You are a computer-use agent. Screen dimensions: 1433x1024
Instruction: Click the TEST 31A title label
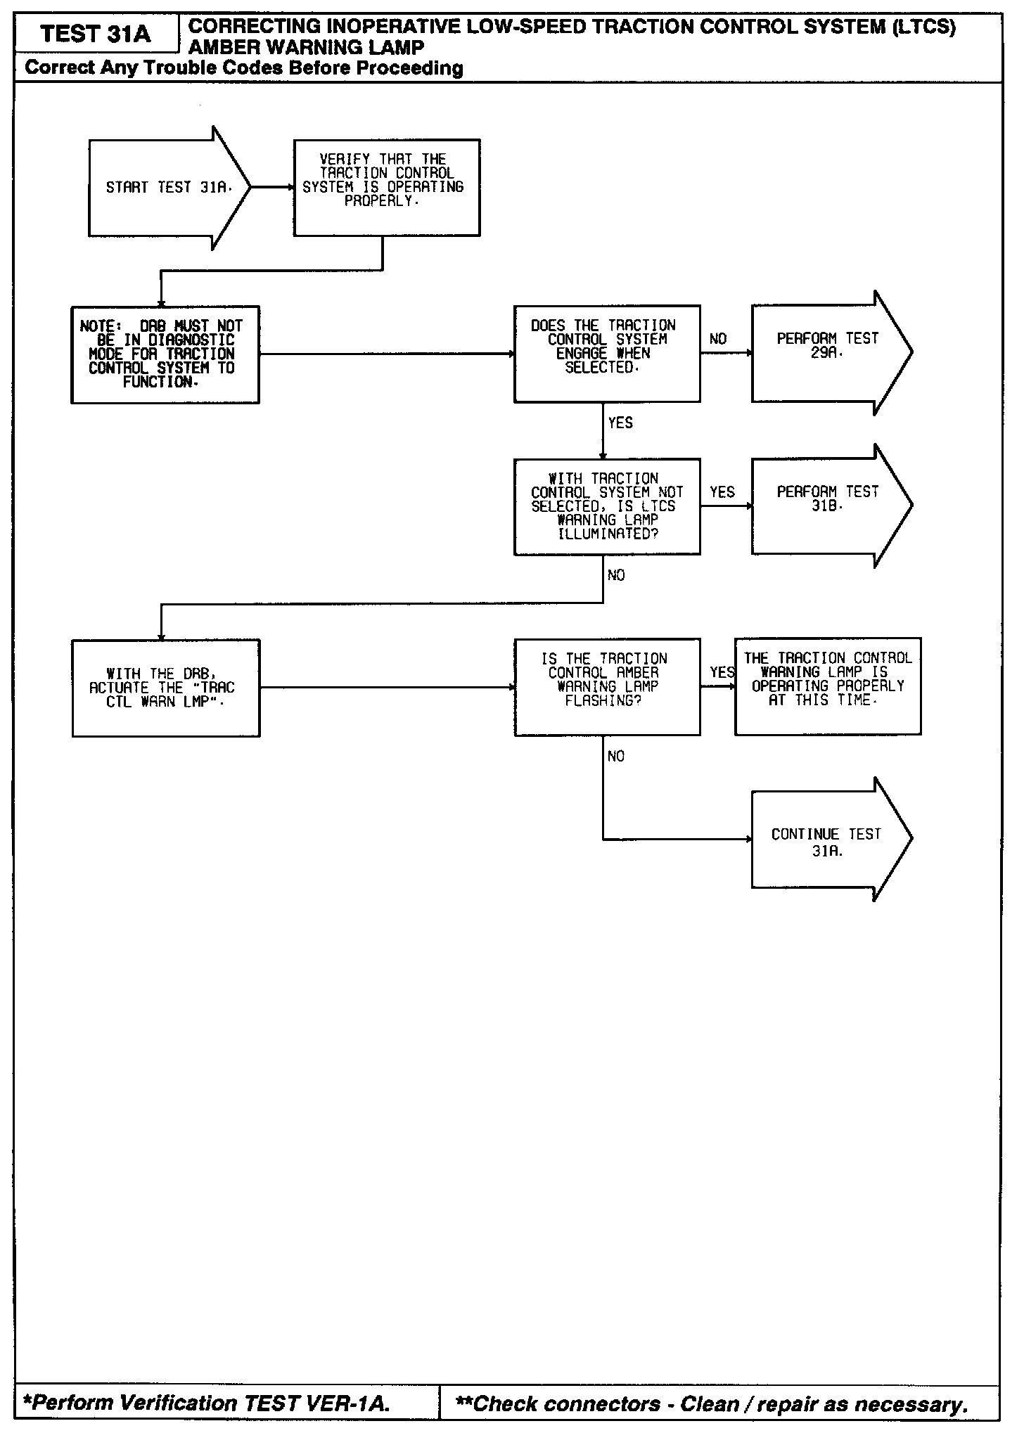(x=96, y=34)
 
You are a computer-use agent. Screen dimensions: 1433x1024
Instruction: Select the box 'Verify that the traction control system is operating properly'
(x=386, y=187)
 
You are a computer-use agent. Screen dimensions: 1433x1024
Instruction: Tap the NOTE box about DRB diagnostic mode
(x=165, y=354)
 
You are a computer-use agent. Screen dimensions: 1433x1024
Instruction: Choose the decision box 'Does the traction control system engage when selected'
(x=606, y=354)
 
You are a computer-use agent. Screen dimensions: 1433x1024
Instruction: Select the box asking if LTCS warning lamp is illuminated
(x=606, y=506)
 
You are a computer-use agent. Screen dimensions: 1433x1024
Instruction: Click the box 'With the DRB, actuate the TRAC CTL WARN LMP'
(x=166, y=688)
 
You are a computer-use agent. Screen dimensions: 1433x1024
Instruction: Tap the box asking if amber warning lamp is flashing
(x=606, y=687)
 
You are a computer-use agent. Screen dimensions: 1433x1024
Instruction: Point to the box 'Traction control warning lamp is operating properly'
(x=828, y=686)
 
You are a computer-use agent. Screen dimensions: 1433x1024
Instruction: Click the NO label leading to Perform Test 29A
(x=718, y=340)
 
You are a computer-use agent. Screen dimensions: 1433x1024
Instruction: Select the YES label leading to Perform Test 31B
(x=722, y=492)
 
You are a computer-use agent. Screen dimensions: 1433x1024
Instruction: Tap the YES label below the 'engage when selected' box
(x=620, y=423)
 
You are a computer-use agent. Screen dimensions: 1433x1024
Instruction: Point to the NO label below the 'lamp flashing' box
(x=616, y=757)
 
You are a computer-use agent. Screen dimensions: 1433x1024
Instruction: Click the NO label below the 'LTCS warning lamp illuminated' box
(x=616, y=576)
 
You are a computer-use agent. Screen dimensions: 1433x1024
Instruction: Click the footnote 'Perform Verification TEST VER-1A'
(x=206, y=1403)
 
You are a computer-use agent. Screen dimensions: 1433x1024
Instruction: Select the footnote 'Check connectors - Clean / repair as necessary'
(x=712, y=1404)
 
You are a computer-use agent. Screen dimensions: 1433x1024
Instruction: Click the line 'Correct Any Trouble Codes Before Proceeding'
(x=244, y=68)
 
